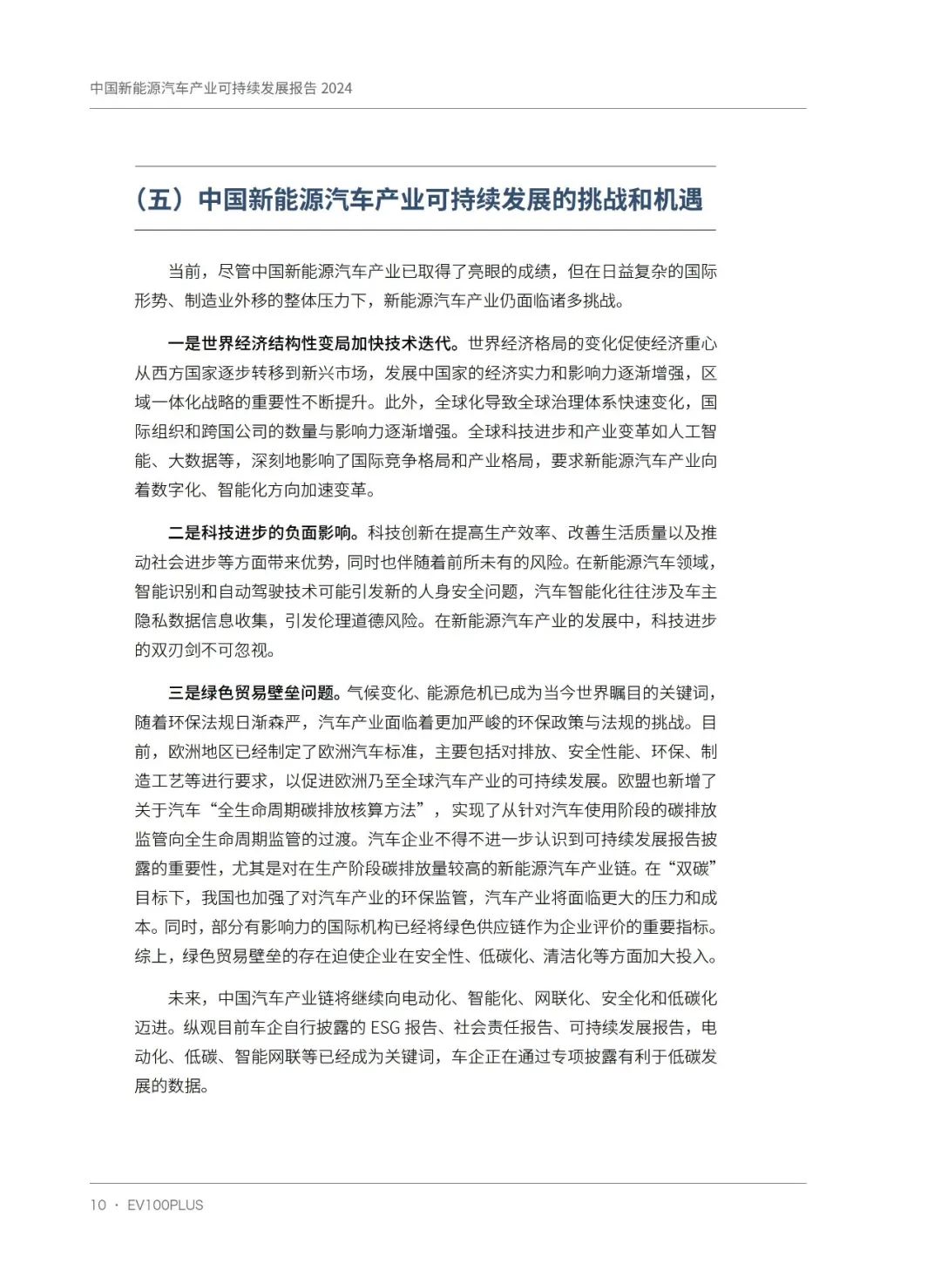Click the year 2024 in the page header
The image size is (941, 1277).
click(x=336, y=88)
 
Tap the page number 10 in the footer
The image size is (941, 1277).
click(x=98, y=1205)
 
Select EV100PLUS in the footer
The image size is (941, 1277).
click(x=166, y=1205)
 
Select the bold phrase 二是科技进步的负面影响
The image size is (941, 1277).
click(x=263, y=533)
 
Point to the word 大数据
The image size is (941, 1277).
click(x=193, y=461)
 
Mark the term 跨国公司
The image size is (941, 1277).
click(x=251, y=431)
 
